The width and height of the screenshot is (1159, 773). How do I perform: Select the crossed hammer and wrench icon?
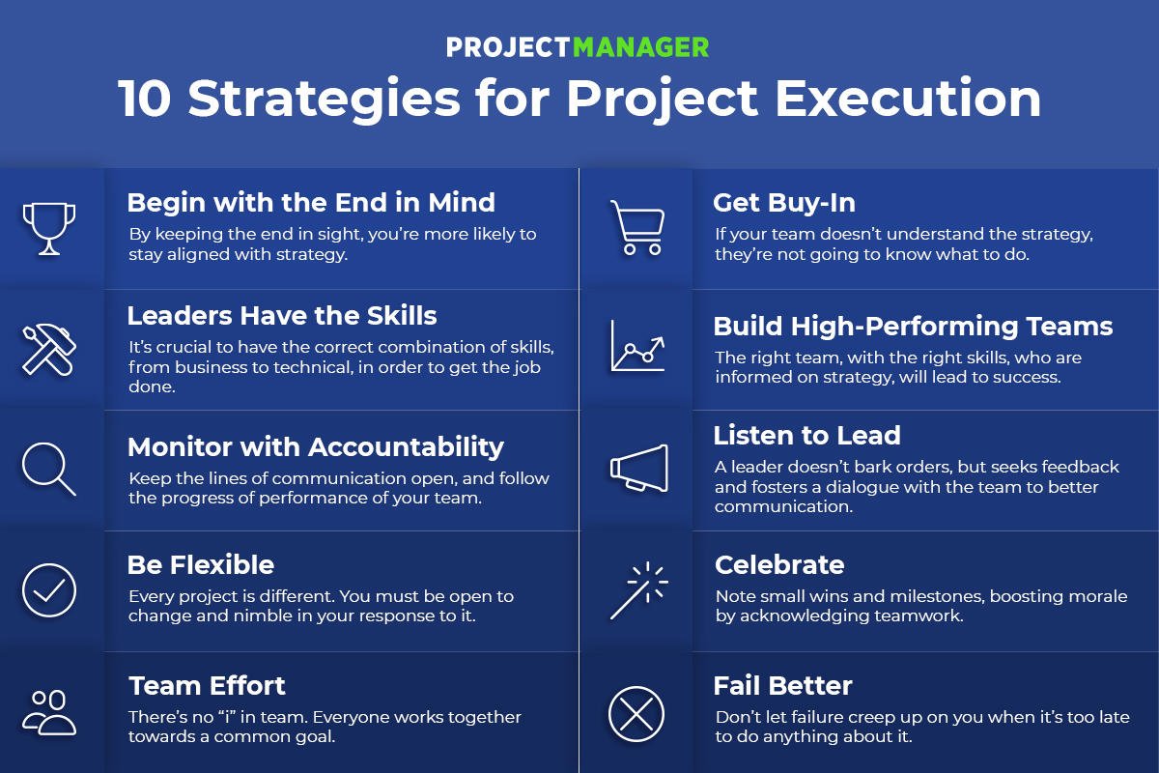tap(48, 349)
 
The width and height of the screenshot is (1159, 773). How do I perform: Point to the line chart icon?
tap(636, 348)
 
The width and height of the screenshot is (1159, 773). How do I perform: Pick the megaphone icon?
tap(638, 469)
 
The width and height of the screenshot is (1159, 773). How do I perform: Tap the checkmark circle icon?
tap(48, 590)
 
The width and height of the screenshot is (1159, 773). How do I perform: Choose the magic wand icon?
tap(637, 590)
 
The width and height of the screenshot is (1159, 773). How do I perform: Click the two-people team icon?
tap(49, 711)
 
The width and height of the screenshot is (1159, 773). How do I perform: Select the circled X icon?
tap(636, 713)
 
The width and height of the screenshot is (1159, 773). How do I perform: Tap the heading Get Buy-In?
tap(784, 203)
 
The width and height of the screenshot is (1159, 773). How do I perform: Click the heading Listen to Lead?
tap(806, 436)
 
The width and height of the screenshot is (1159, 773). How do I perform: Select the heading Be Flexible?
tap(201, 565)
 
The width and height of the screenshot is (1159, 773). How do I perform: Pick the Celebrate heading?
tap(779, 565)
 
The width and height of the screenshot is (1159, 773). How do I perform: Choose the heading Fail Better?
tap(782, 686)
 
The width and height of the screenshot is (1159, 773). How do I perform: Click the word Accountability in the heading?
tap(406, 446)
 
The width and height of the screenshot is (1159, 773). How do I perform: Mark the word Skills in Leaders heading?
tap(397, 316)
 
